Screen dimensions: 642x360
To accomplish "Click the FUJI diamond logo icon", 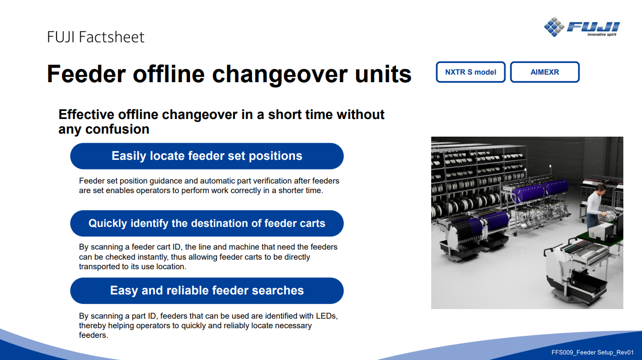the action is (x=554, y=27).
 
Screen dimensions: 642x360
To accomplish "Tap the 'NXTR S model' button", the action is (x=471, y=72).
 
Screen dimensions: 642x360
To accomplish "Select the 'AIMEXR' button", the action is (x=545, y=72).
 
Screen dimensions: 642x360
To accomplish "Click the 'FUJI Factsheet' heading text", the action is (x=96, y=37).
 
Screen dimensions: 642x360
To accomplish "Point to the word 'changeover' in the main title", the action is (x=280, y=75).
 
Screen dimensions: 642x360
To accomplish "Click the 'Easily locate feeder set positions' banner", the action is (x=207, y=156).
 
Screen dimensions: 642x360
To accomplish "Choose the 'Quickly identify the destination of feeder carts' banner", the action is (x=207, y=223).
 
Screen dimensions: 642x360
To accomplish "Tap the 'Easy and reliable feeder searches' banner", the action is (x=207, y=290).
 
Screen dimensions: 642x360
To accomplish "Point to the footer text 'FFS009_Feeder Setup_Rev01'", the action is (x=593, y=352).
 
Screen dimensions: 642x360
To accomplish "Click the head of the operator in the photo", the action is (x=601, y=190).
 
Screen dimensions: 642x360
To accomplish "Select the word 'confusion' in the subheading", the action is (x=117, y=129).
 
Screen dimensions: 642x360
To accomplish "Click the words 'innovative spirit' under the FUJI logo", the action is (x=602, y=35).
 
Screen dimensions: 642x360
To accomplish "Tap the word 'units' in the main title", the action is (x=383, y=74).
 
